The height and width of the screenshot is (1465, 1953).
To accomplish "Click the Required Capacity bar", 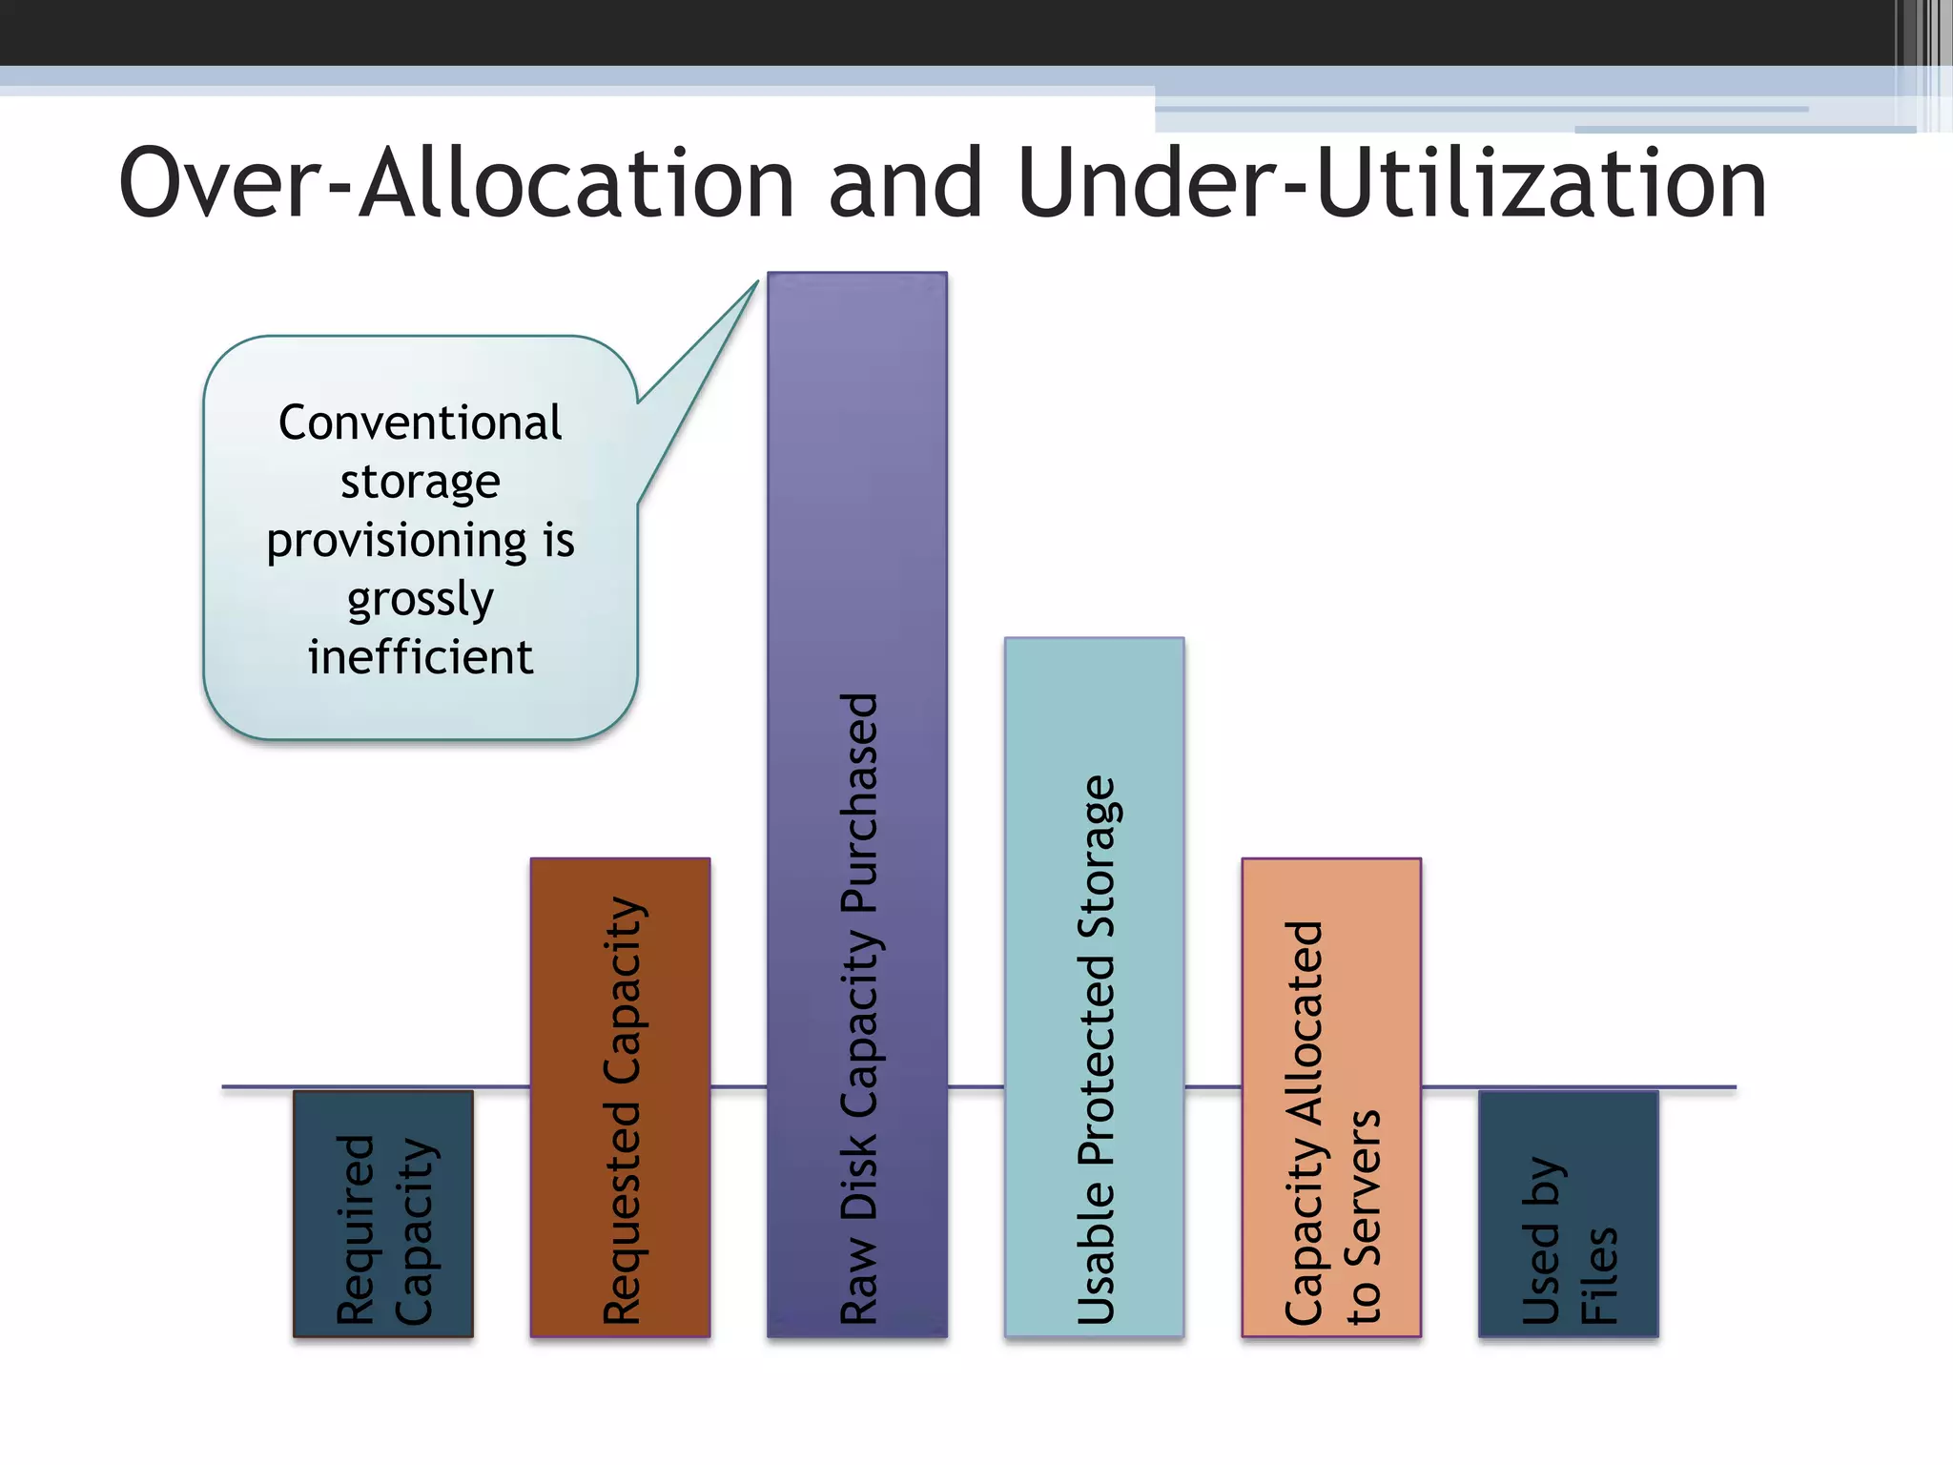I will pos(383,1213).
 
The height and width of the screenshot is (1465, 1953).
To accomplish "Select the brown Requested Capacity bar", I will pos(620,1097).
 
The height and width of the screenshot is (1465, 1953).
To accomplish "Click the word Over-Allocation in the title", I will pos(456,183).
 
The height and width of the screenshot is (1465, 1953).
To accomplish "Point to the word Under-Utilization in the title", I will pos(1392,183).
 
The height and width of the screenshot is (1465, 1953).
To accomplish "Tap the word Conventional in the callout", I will pos(420,423).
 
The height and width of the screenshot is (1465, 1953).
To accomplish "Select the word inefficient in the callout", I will pos(420,657).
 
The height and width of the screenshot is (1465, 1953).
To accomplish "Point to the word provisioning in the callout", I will pos(396,542).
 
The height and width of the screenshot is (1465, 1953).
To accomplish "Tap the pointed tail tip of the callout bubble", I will pos(756,282).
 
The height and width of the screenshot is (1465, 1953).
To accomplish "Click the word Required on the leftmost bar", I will pos(355,1230).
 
